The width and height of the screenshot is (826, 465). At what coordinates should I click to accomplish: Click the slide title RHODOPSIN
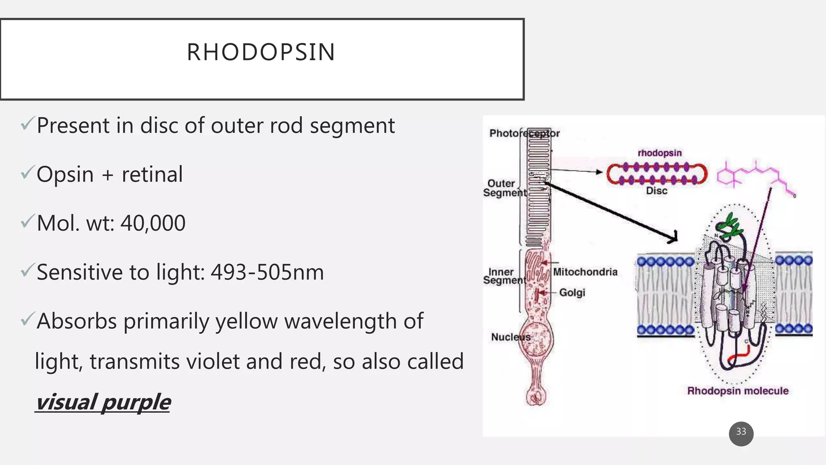[x=261, y=52]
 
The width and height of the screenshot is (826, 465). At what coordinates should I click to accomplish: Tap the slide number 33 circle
[x=741, y=433]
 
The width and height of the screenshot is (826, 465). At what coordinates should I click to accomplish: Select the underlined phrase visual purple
[x=103, y=402]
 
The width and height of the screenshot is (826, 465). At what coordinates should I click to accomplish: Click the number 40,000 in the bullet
[x=153, y=223]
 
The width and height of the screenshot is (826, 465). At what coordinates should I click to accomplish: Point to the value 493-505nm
[x=267, y=272]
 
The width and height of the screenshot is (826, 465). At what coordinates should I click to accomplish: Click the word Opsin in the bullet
[x=65, y=174]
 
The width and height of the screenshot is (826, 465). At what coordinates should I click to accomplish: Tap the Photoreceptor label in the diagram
[x=524, y=133]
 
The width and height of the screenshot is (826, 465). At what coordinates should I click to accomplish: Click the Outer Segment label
[x=504, y=188]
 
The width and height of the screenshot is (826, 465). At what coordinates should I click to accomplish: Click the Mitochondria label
[x=585, y=272]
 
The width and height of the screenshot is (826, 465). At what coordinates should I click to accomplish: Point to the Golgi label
[x=572, y=292]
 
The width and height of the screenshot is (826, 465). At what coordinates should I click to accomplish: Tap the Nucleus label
[x=510, y=337]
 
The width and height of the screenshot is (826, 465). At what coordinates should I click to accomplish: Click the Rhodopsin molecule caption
[x=738, y=391]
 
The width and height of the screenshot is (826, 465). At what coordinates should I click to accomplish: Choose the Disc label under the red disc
[x=656, y=191]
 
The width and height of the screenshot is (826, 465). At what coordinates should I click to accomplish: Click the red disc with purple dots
[x=657, y=174]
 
